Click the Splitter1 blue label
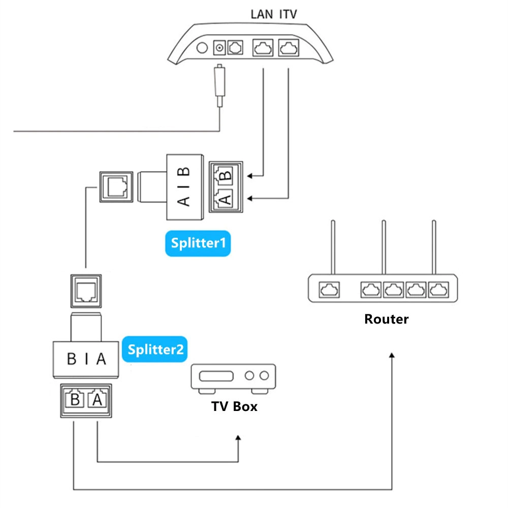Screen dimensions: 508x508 (x=198, y=243)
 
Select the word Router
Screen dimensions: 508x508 (x=386, y=319)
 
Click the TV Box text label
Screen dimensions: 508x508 (x=234, y=406)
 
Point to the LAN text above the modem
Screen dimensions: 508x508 (x=263, y=14)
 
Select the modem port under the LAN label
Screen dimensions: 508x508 (x=263, y=48)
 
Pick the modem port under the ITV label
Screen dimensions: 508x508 (x=289, y=48)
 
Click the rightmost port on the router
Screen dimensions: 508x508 (x=438, y=290)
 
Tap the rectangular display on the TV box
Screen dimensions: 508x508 (x=216, y=376)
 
